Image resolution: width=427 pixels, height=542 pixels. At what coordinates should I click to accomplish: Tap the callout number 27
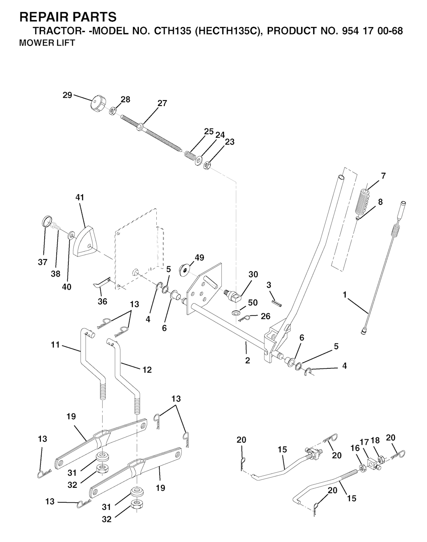click(x=162, y=103)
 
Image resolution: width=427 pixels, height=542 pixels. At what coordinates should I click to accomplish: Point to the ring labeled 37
click(x=46, y=221)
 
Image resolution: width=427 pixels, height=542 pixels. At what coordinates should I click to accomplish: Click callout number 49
click(x=199, y=258)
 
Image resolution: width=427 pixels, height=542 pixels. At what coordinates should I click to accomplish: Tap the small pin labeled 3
click(x=276, y=303)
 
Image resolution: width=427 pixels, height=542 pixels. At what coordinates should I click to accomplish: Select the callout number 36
click(x=103, y=301)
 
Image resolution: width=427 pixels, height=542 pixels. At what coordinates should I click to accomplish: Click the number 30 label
click(x=253, y=274)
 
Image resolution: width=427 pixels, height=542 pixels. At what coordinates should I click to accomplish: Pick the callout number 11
click(x=55, y=345)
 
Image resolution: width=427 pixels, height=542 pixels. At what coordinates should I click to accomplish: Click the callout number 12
click(x=147, y=370)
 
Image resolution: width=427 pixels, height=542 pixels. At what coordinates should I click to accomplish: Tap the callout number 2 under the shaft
click(x=248, y=360)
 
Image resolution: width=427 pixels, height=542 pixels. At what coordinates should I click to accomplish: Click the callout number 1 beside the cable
click(x=345, y=294)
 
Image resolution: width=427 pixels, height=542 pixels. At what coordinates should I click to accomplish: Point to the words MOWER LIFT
click(x=47, y=43)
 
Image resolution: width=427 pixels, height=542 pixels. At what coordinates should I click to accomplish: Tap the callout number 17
click(x=364, y=442)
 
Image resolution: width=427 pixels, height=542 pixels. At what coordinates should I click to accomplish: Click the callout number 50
click(x=253, y=303)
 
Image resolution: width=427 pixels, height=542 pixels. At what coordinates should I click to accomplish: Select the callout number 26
click(x=266, y=316)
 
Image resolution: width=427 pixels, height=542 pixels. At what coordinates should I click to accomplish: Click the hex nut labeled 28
click(x=113, y=111)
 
